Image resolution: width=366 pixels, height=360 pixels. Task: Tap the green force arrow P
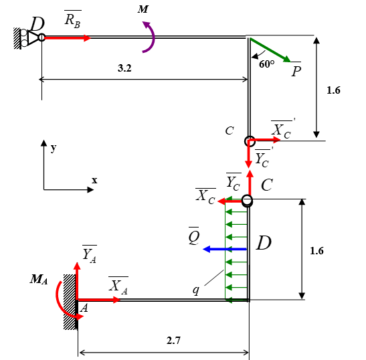270,50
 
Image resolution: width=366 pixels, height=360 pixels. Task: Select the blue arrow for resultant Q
225,249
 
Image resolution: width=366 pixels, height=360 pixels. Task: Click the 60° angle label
266,64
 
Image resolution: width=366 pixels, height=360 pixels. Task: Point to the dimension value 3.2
124,68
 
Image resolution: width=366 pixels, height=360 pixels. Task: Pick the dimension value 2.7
173,341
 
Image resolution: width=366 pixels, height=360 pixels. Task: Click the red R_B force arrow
67,38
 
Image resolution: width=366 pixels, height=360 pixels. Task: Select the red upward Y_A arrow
77,280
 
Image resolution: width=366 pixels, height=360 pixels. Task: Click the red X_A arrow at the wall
99,300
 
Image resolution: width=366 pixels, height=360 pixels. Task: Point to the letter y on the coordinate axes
54,148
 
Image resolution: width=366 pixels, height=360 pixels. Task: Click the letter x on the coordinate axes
94,180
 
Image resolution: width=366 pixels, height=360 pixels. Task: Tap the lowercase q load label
196,290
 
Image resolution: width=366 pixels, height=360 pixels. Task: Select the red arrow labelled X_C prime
264,140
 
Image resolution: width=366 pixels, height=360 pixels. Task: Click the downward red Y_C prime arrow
249,154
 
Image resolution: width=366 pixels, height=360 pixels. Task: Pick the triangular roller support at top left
33,37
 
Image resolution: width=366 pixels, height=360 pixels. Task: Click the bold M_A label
39,279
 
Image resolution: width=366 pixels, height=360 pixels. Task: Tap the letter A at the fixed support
84,308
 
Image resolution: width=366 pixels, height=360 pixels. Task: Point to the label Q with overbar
194,236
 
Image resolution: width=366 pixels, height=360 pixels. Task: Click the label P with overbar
296,70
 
